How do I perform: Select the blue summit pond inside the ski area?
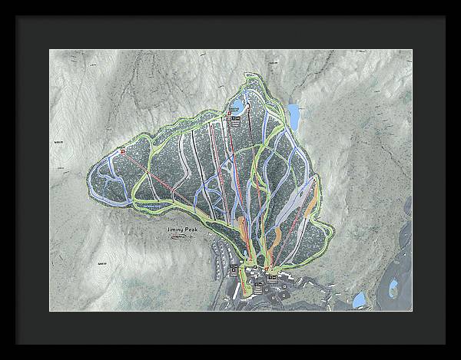pyautogui.click(x=240, y=104)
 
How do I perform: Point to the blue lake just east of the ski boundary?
pyautogui.click(x=294, y=115)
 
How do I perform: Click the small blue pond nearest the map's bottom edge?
pyautogui.click(x=359, y=299)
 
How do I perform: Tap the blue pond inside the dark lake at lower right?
pyautogui.click(x=393, y=289)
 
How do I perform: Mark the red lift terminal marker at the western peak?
pyautogui.click(x=122, y=151)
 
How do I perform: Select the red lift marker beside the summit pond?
pyautogui.click(x=230, y=114)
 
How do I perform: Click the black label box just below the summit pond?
pyautogui.click(x=236, y=120)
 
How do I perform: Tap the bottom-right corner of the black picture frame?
pyautogui.click(x=444, y=343)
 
